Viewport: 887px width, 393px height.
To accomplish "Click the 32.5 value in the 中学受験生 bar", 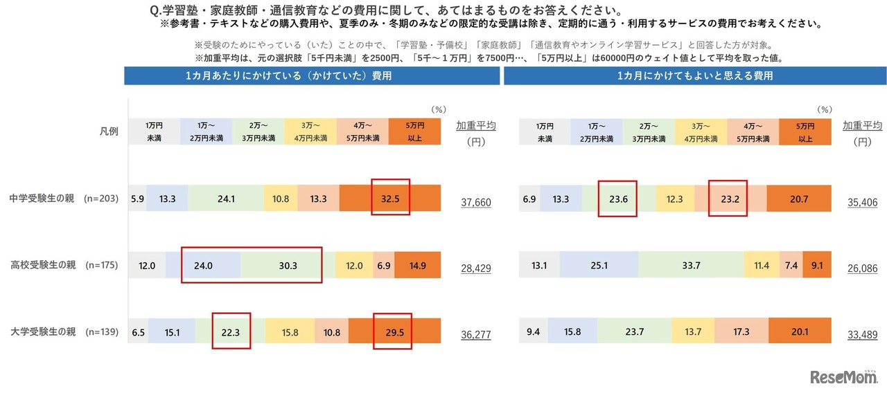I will click(x=390, y=199).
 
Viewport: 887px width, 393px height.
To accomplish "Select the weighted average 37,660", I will click(x=475, y=202).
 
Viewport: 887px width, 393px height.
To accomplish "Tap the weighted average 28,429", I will click(x=475, y=268).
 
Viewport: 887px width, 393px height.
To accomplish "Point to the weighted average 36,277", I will click(x=475, y=334).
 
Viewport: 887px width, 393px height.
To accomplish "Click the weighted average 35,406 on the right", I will click(x=862, y=202).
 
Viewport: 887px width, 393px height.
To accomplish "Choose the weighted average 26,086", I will click(x=862, y=268).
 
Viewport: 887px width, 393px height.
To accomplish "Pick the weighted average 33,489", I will click(x=862, y=334).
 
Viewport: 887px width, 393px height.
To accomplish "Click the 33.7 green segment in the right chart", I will click(x=691, y=265).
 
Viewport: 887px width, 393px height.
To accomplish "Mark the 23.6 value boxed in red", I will click(x=617, y=199).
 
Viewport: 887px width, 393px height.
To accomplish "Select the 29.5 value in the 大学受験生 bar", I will click(x=392, y=331).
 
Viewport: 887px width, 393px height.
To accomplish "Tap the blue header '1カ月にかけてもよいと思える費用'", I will click(x=694, y=75).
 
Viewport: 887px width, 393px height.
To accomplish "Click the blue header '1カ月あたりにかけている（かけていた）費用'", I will click(x=312, y=75).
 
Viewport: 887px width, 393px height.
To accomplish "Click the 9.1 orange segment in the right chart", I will click(x=817, y=265).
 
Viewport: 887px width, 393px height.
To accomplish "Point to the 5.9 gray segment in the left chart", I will click(x=137, y=199).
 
